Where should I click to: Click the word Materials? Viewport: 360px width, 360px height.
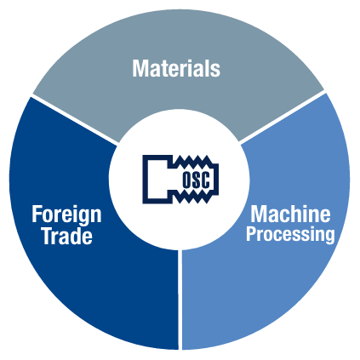pyautogui.click(x=176, y=68)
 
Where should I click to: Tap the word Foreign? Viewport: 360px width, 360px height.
pyautogui.click(x=66, y=215)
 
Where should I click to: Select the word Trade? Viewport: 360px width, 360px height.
pyautogui.click(x=67, y=236)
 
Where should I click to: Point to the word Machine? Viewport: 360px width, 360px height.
pyautogui.click(x=290, y=214)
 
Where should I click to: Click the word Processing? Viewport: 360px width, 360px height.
pyautogui.click(x=290, y=235)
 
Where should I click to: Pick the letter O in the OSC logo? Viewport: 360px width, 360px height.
pyautogui.click(x=186, y=180)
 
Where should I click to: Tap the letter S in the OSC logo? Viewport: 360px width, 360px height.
pyautogui.click(x=196, y=180)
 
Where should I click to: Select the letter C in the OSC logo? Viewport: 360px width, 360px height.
pyautogui.click(x=205, y=180)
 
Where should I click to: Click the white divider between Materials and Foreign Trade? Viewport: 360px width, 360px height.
pyautogui.click(x=74, y=119)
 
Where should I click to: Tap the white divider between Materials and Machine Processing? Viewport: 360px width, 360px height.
pyautogui.click(x=282, y=117)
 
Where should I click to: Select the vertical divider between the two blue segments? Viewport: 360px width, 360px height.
pyautogui.click(x=180, y=300)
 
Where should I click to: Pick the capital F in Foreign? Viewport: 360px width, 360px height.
pyautogui.click(x=37, y=214)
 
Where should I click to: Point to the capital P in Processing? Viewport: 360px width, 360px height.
pyautogui.click(x=251, y=234)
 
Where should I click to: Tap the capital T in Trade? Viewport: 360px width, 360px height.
pyautogui.click(x=48, y=236)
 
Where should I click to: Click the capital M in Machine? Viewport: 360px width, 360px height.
pyautogui.click(x=259, y=214)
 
